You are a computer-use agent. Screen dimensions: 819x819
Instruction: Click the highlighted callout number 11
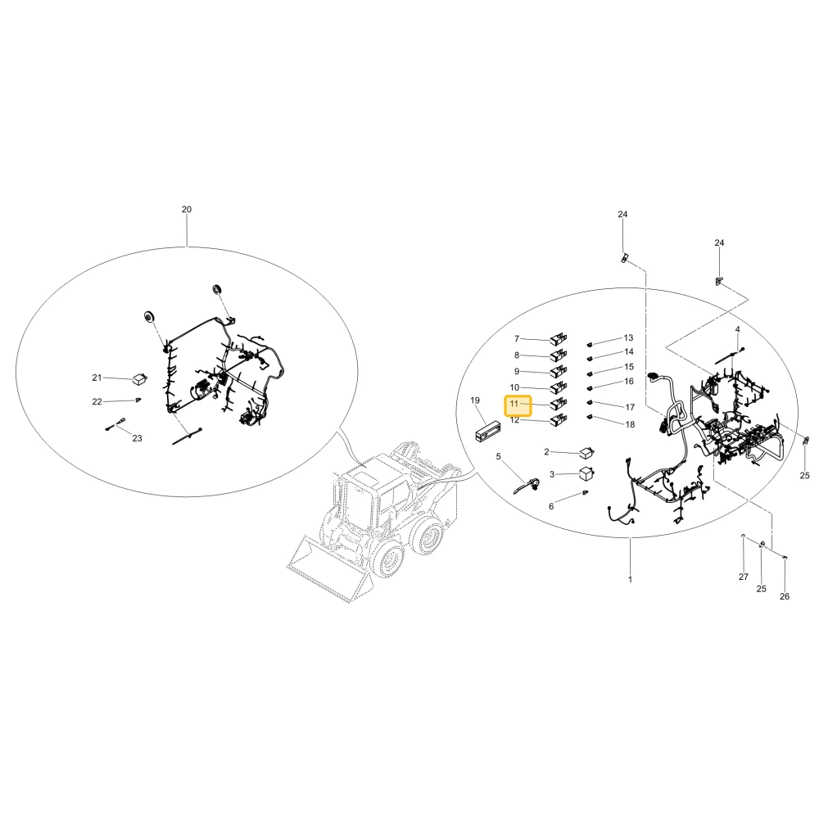click(514, 404)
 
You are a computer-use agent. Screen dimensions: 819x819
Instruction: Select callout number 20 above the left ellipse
click(187, 210)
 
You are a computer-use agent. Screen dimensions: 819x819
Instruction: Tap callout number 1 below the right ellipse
click(630, 579)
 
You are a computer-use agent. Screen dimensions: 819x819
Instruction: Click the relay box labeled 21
click(138, 378)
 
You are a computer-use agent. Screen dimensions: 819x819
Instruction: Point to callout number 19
click(475, 400)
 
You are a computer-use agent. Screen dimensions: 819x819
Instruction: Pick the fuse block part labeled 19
click(487, 432)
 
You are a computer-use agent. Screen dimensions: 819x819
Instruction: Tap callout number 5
click(498, 456)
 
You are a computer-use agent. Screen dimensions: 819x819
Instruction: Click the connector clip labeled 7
click(559, 340)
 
